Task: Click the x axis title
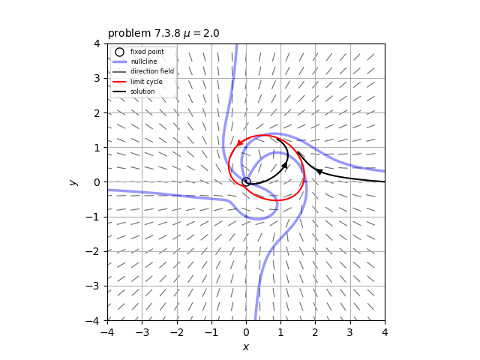click(x=246, y=346)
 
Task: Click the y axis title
click(x=73, y=181)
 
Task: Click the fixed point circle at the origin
click(x=246, y=181)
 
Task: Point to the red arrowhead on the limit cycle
click(x=240, y=142)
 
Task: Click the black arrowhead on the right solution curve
click(x=319, y=172)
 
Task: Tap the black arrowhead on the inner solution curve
click(x=285, y=165)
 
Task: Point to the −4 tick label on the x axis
click(x=107, y=331)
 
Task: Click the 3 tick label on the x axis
click(x=350, y=331)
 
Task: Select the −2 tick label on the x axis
click(x=176, y=331)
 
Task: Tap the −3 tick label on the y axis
click(x=95, y=286)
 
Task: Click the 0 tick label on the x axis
click(x=246, y=331)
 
